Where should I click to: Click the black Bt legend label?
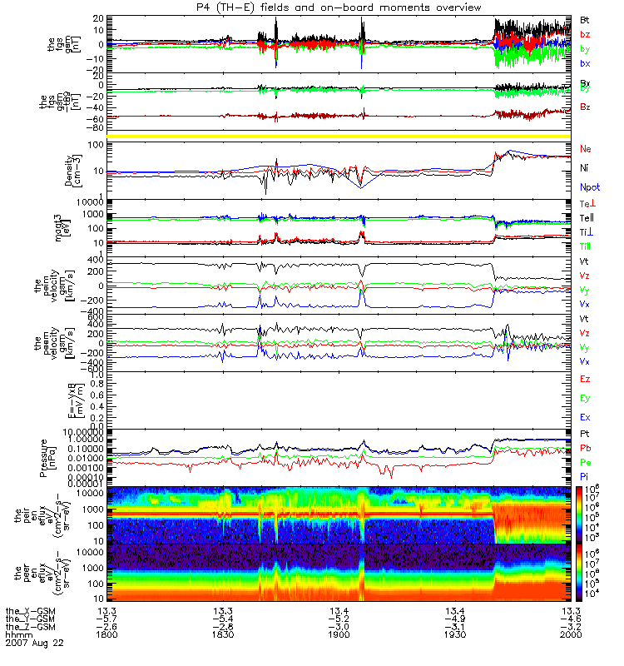[x=586, y=18]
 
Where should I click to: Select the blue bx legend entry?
[x=586, y=63]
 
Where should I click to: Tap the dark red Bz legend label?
[x=587, y=108]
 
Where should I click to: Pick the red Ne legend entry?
[x=587, y=150]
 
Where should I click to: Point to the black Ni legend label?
[x=586, y=169]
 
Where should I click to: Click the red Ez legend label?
[x=586, y=380]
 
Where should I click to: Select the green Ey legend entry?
[x=586, y=398]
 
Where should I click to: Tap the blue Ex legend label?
[x=586, y=416]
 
